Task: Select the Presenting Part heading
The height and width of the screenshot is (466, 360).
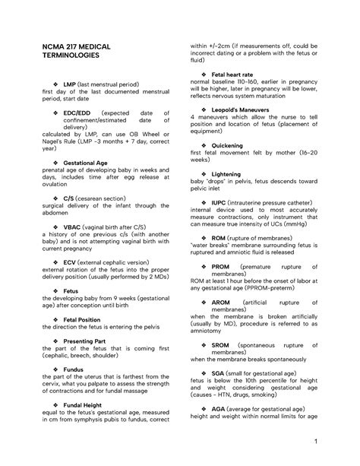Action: [x=86, y=341]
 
